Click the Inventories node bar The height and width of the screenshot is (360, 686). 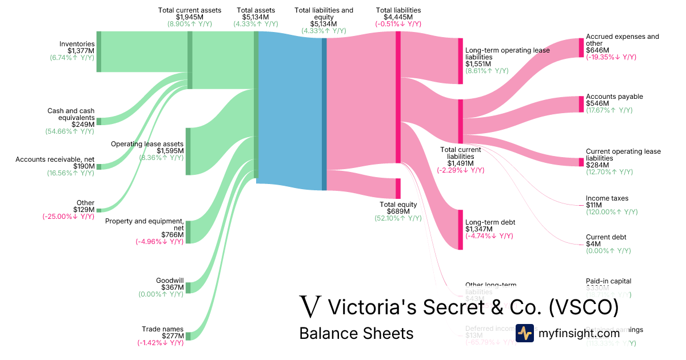pyautogui.click(x=98, y=51)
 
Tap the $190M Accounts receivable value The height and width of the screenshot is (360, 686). pyautogui.click(x=83, y=166)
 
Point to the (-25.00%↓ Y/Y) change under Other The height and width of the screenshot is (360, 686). pyautogui.click(x=68, y=217)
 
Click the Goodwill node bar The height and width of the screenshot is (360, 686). pyautogui.click(x=188, y=287)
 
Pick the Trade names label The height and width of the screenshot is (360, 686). pyautogui.click(x=162, y=329)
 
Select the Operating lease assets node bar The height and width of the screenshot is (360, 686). pyautogui.click(x=188, y=151)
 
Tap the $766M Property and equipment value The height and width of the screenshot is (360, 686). pyautogui.click(x=172, y=235)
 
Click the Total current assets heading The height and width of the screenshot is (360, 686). pyautogui.click(x=190, y=10)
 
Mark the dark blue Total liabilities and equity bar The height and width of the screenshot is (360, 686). pyautogui.click(x=324, y=114)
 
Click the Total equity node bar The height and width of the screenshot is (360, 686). pyautogui.click(x=398, y=189)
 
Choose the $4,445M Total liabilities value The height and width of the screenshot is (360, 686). pyautogui.click(x=398, y=17)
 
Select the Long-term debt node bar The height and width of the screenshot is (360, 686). pyautogui.click(x=460, y=230)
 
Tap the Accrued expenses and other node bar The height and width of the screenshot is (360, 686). pyautogui.click(x=581, y=47)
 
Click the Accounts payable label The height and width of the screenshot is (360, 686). pyautogui.click(x=615, y=97)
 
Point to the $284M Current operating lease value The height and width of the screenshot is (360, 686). pyautogui.click(x=597, y=165)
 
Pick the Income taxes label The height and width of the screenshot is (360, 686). pyautogui.click(x=607, y=198)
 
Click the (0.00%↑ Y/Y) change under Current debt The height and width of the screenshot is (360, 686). pyautogui.click(x=608, y=251)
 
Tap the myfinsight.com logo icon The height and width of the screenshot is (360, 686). pyautogui.click(x=524, y=333)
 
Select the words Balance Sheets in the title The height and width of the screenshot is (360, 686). pyautogui.click(x=356, y=333)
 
